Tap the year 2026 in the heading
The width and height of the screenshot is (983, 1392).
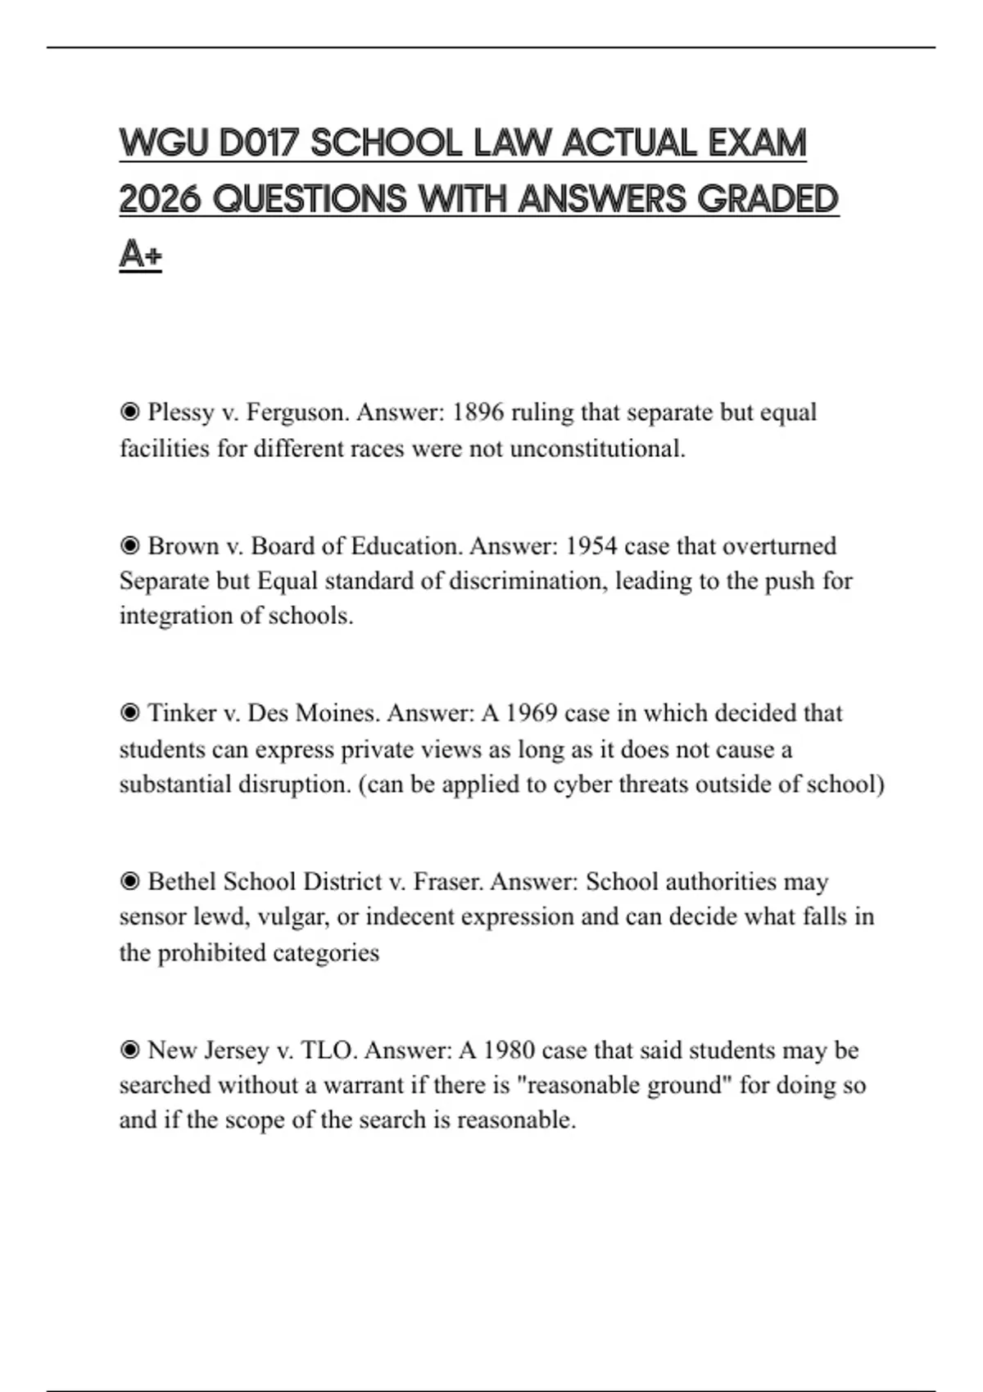(x=160, y=199)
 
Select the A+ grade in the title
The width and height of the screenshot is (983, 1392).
(x=140, y=254)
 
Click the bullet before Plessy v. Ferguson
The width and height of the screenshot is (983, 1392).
(x=129, y=412)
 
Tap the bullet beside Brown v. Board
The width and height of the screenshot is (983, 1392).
(x=129, y=546)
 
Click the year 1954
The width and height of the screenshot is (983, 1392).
(x=591, y=546)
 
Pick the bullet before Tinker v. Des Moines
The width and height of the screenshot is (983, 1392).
(x=129, y=713)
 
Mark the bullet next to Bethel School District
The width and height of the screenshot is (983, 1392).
(x=129, y=882)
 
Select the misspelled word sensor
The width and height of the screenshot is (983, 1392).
(x=152, y=917)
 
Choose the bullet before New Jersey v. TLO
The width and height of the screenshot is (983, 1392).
(x=129, y=1051)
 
